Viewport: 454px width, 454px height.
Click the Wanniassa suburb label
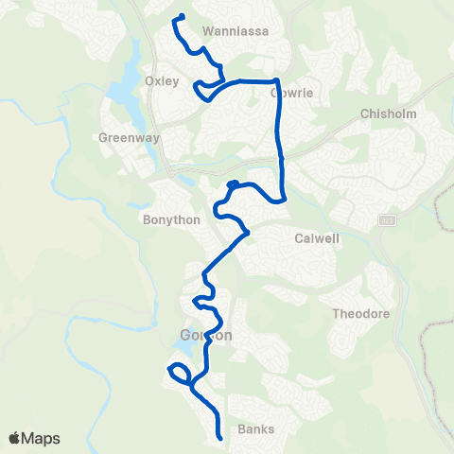tap(236, 30)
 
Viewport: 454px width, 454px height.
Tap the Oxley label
tap(162, 81)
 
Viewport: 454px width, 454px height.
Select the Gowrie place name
tap(265, 94)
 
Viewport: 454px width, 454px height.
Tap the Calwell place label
tap(317, 238)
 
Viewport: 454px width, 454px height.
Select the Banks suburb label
tap(256, 428)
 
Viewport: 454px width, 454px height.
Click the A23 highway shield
tap(387, 219)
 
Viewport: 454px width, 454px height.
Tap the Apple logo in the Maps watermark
tap(15, 438)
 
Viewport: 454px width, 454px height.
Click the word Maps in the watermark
tap(42, 438)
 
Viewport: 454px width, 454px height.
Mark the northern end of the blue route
tap(181, 15)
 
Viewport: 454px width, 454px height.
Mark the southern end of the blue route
tap(219, 438)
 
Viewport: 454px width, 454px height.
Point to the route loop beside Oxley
tap(201, 89)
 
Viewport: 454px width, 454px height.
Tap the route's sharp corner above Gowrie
tap(275, 81)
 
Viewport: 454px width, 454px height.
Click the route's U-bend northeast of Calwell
tap(282, 198)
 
